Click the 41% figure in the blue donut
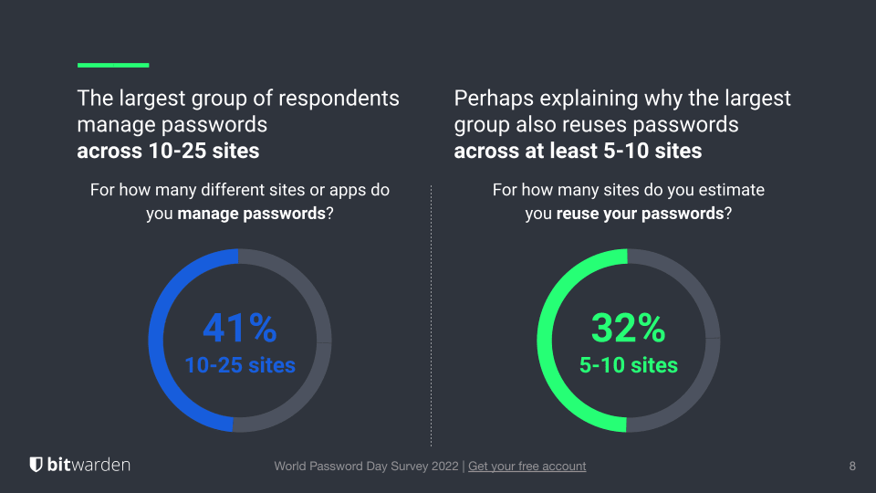[239, 328]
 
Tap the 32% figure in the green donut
[628, 328]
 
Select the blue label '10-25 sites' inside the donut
[240, 365]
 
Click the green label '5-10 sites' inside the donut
[629, 365]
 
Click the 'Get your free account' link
[527, 466]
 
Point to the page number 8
[852, 466]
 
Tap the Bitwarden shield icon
[36, 465]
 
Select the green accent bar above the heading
[113, 65]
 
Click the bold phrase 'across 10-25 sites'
[168, 151]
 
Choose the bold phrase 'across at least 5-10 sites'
[578, 151]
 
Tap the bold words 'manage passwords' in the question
[252, 215]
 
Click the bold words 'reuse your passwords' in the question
[640, 215]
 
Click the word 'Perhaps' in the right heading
[492, 98]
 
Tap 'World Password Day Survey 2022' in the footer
[368, 466]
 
